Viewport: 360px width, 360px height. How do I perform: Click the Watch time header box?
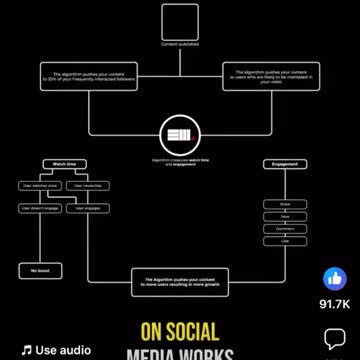coord(63,163)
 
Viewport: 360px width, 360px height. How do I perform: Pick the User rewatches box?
coord(88,186)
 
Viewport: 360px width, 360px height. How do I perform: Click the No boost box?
coord(39,271)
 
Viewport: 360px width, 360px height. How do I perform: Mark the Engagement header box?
coord(285,164)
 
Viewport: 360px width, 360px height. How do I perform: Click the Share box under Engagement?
coord(285,204)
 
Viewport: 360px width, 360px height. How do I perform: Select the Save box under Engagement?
coord(285,216)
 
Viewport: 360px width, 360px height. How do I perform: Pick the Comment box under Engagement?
coord(285,228)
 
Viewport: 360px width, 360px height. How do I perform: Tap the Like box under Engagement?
coord(285,240)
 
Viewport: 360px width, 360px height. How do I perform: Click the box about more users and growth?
coord(180,281)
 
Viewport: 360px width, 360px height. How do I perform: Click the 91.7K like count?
coord(334,303)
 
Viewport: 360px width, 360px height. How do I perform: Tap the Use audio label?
coord(57,350)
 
